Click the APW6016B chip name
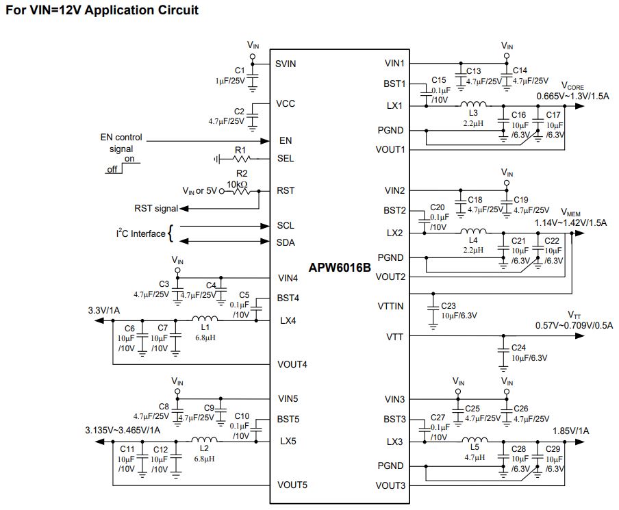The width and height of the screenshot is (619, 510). (x=340, y=268)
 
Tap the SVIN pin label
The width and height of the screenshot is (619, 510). (x=286, y=64)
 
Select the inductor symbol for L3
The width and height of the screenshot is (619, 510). (x=473, y=104)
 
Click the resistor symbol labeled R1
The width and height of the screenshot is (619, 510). (x=242, y=159)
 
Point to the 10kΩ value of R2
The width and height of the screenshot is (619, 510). (x=237, y=184)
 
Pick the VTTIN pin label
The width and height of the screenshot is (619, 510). (x=390, y=306)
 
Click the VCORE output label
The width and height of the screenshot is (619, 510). (x=572, y=86)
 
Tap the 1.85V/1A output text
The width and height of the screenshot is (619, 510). (x=570, y=431)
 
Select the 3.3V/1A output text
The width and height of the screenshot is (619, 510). (x=104, y=310)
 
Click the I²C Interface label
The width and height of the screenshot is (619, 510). (x=140, y=233)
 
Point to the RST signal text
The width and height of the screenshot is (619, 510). (x=156, y=208)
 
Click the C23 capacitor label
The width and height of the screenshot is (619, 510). (x=448, y=306)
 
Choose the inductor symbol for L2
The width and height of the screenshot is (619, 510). (x=204, y=439)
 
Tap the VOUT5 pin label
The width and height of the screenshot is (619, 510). (x=292, y=485)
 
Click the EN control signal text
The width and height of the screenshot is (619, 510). (x=121, y=143)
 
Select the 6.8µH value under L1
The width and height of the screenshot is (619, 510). (x=205, y=337)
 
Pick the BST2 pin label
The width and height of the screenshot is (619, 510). (x=394, y=210)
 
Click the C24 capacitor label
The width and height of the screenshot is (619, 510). (x=518, y=348)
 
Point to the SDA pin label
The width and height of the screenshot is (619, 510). (x=286, y=242)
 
